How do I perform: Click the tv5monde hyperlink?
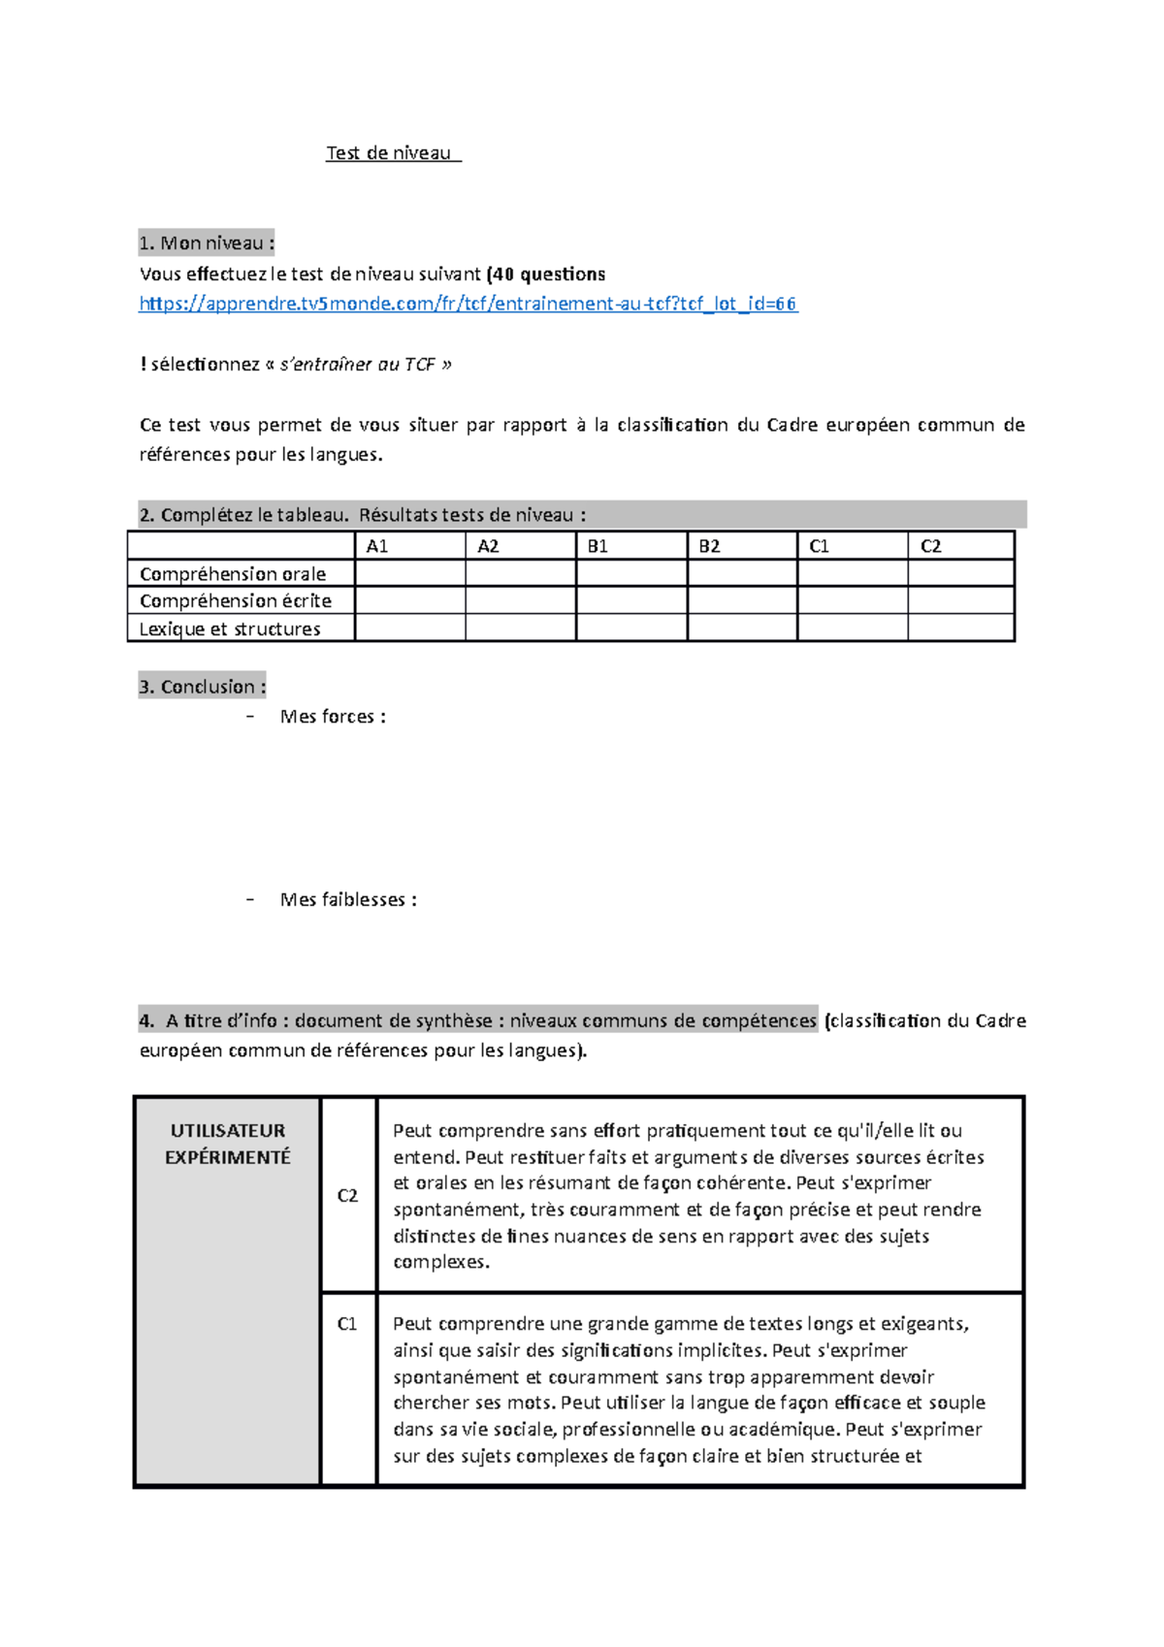pyautogui.click(x=468, y=304)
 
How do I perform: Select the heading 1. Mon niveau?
pyautogui.click(x=206, y=242)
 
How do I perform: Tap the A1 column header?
pyautogui.click(x=377, y=546)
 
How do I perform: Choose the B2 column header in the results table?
pyautogui.click(x=709, y=546)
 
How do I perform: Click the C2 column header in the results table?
pyautogui.click(x=930, y=546)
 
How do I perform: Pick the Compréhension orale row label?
pyautogui.click(x=233, y=574)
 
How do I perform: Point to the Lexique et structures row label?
pyautogui.click(x=230, y=629)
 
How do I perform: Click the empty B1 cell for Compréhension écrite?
pyautogui.click(x=631, y=600)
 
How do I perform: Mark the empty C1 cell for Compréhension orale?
pyautogui.click(x=853, y=573)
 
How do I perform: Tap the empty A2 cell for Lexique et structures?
pyautogui.click(x=521, y=628)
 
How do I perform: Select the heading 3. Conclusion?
pyautogui.click(x=202, y=687)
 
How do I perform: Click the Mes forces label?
pyautogui.click(x=333, y=717)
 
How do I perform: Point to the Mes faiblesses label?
pyautogui.click(x=348, y=900)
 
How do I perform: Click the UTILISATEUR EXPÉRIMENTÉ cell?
pyautogui.click(x=228, y=1144)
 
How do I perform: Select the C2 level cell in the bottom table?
pyautogui.click(x=347, y=1196)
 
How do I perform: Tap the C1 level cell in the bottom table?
pyautogui.click(x=347, y=1324)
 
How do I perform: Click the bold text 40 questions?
pyautogui.click(x=549, y=274)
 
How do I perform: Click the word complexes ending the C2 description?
pyautogui.click(x=439, y=1262)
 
